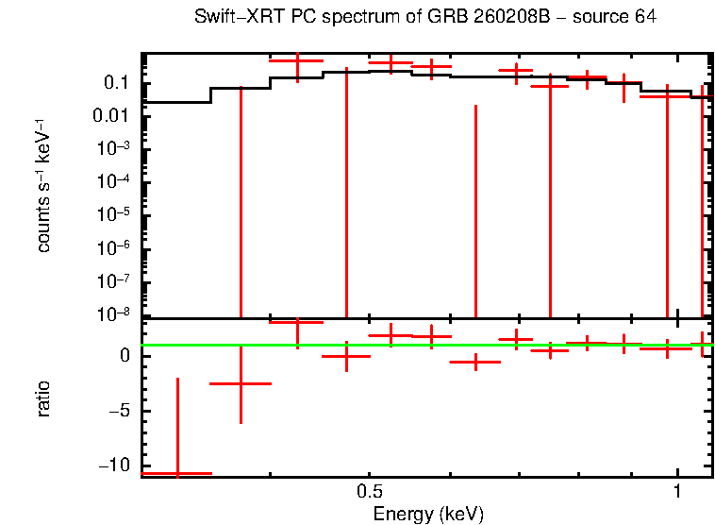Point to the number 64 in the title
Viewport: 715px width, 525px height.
(x=645, y=18)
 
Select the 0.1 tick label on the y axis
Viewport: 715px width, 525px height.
(x=116, y=83)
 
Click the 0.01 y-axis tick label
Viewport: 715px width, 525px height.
(x=111, y=116)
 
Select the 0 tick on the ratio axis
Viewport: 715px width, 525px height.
(x=124, y=356)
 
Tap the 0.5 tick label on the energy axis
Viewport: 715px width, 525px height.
(x=370, y=493)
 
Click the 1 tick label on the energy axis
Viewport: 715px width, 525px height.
(x=677, y=493)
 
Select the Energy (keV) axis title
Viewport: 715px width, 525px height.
(x=428, y=514)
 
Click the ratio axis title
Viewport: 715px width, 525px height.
(x=44, y=399)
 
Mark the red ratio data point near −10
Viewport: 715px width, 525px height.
(x=177, y=472)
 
